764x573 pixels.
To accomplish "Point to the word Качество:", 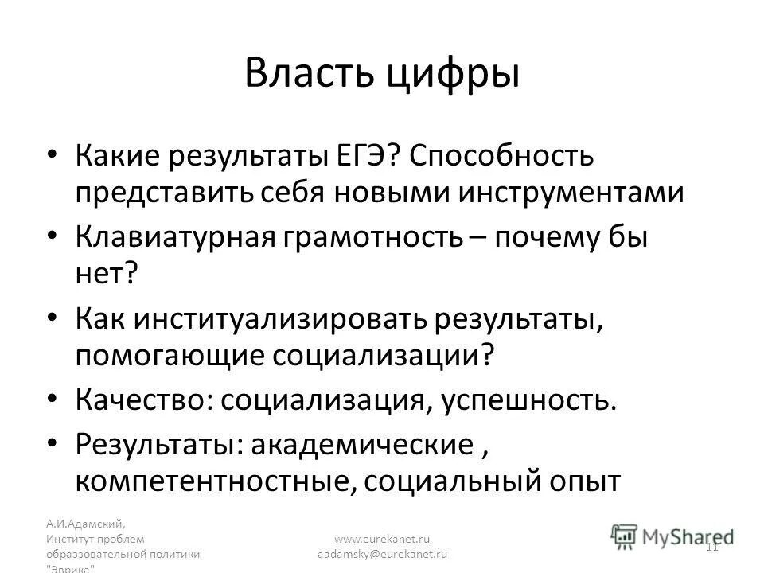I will (x=145, y=402).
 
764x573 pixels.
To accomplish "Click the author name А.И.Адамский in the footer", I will (x=84, y=524).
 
